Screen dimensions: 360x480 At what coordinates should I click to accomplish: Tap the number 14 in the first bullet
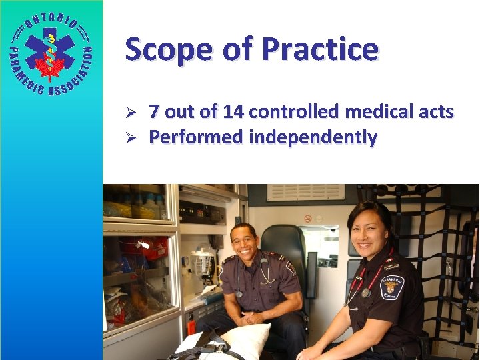click(237, 111)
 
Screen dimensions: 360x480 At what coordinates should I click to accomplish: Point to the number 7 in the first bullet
click(154, 111)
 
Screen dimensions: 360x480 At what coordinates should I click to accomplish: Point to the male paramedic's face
click(244, 241)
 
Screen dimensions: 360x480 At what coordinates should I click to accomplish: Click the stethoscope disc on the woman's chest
click(365, 293)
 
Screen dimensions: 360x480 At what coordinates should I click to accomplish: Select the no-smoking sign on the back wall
click(307, 219)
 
